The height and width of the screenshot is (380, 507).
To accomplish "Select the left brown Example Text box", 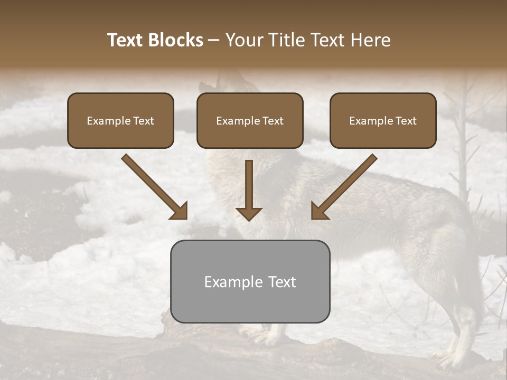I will (x=120, y=121).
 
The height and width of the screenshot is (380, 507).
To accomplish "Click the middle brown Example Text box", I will (x=250, y=121).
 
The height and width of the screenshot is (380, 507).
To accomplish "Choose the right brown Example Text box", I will (x=383, y=121).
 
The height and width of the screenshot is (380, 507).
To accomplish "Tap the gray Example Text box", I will (x=250, y=281).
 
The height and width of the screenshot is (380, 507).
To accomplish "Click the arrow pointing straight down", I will (x=249, y=190).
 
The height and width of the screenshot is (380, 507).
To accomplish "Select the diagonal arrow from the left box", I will (x=154, y=186).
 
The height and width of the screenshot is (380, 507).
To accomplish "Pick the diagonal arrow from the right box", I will (x=344, y=186).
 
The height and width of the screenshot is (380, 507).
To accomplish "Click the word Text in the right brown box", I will (x=405, y=121).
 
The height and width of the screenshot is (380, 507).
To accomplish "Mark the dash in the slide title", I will (x=214, y=41).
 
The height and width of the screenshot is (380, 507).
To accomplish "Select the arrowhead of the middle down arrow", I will (x=249, y=214).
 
